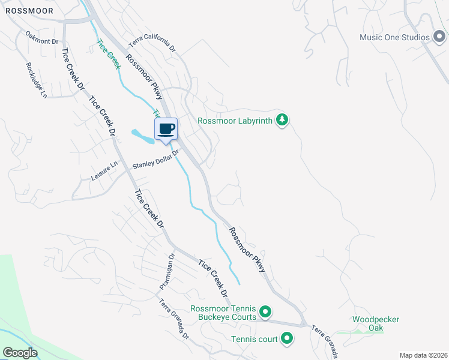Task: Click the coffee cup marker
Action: point(166,128)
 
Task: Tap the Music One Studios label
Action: point(394,37)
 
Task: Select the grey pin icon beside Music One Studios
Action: point(439,37)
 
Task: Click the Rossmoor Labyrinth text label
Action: point(235,121)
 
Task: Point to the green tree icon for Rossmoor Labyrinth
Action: point(282,121)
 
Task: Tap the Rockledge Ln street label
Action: point(35,80)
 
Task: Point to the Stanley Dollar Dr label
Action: point(156,161)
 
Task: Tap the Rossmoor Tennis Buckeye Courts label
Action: point(223,313)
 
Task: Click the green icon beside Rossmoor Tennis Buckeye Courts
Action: point(265,313)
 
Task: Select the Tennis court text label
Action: point(255,340)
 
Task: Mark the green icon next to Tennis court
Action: point(287,340)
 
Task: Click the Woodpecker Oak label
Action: point(376,323)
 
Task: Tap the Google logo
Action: point(20,353)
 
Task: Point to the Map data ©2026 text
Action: point(423,355)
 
